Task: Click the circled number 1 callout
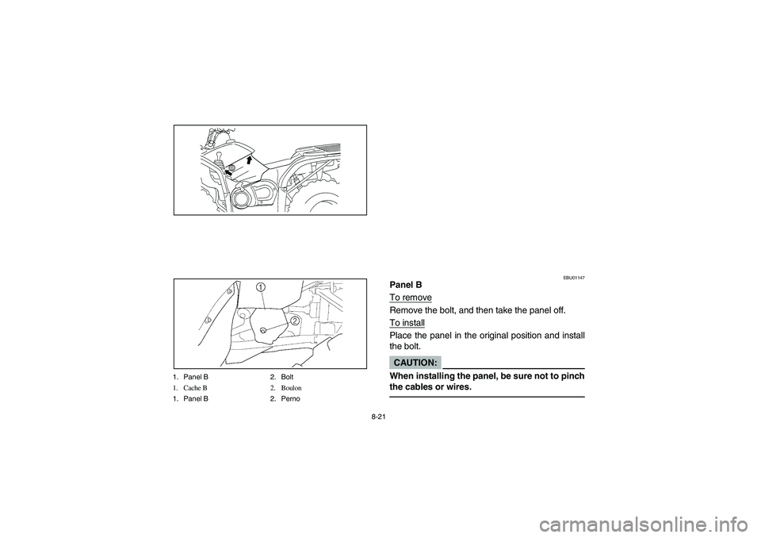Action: (x=260, y=286)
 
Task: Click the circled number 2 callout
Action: (x=293, y=320)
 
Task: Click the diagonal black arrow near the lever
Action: (x=228, y=169)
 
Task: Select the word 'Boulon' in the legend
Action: (x=291, y=387)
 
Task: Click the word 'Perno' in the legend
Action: (x=291, y=398)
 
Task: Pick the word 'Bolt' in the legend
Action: (x=287, y=375)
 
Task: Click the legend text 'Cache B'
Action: (x=194, y=387)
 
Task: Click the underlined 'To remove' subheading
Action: (x=411, y=297)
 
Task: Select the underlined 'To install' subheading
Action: (x=407, y=323)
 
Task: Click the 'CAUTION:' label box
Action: (x=415, y=362)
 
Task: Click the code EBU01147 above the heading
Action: (x=574, y=277)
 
